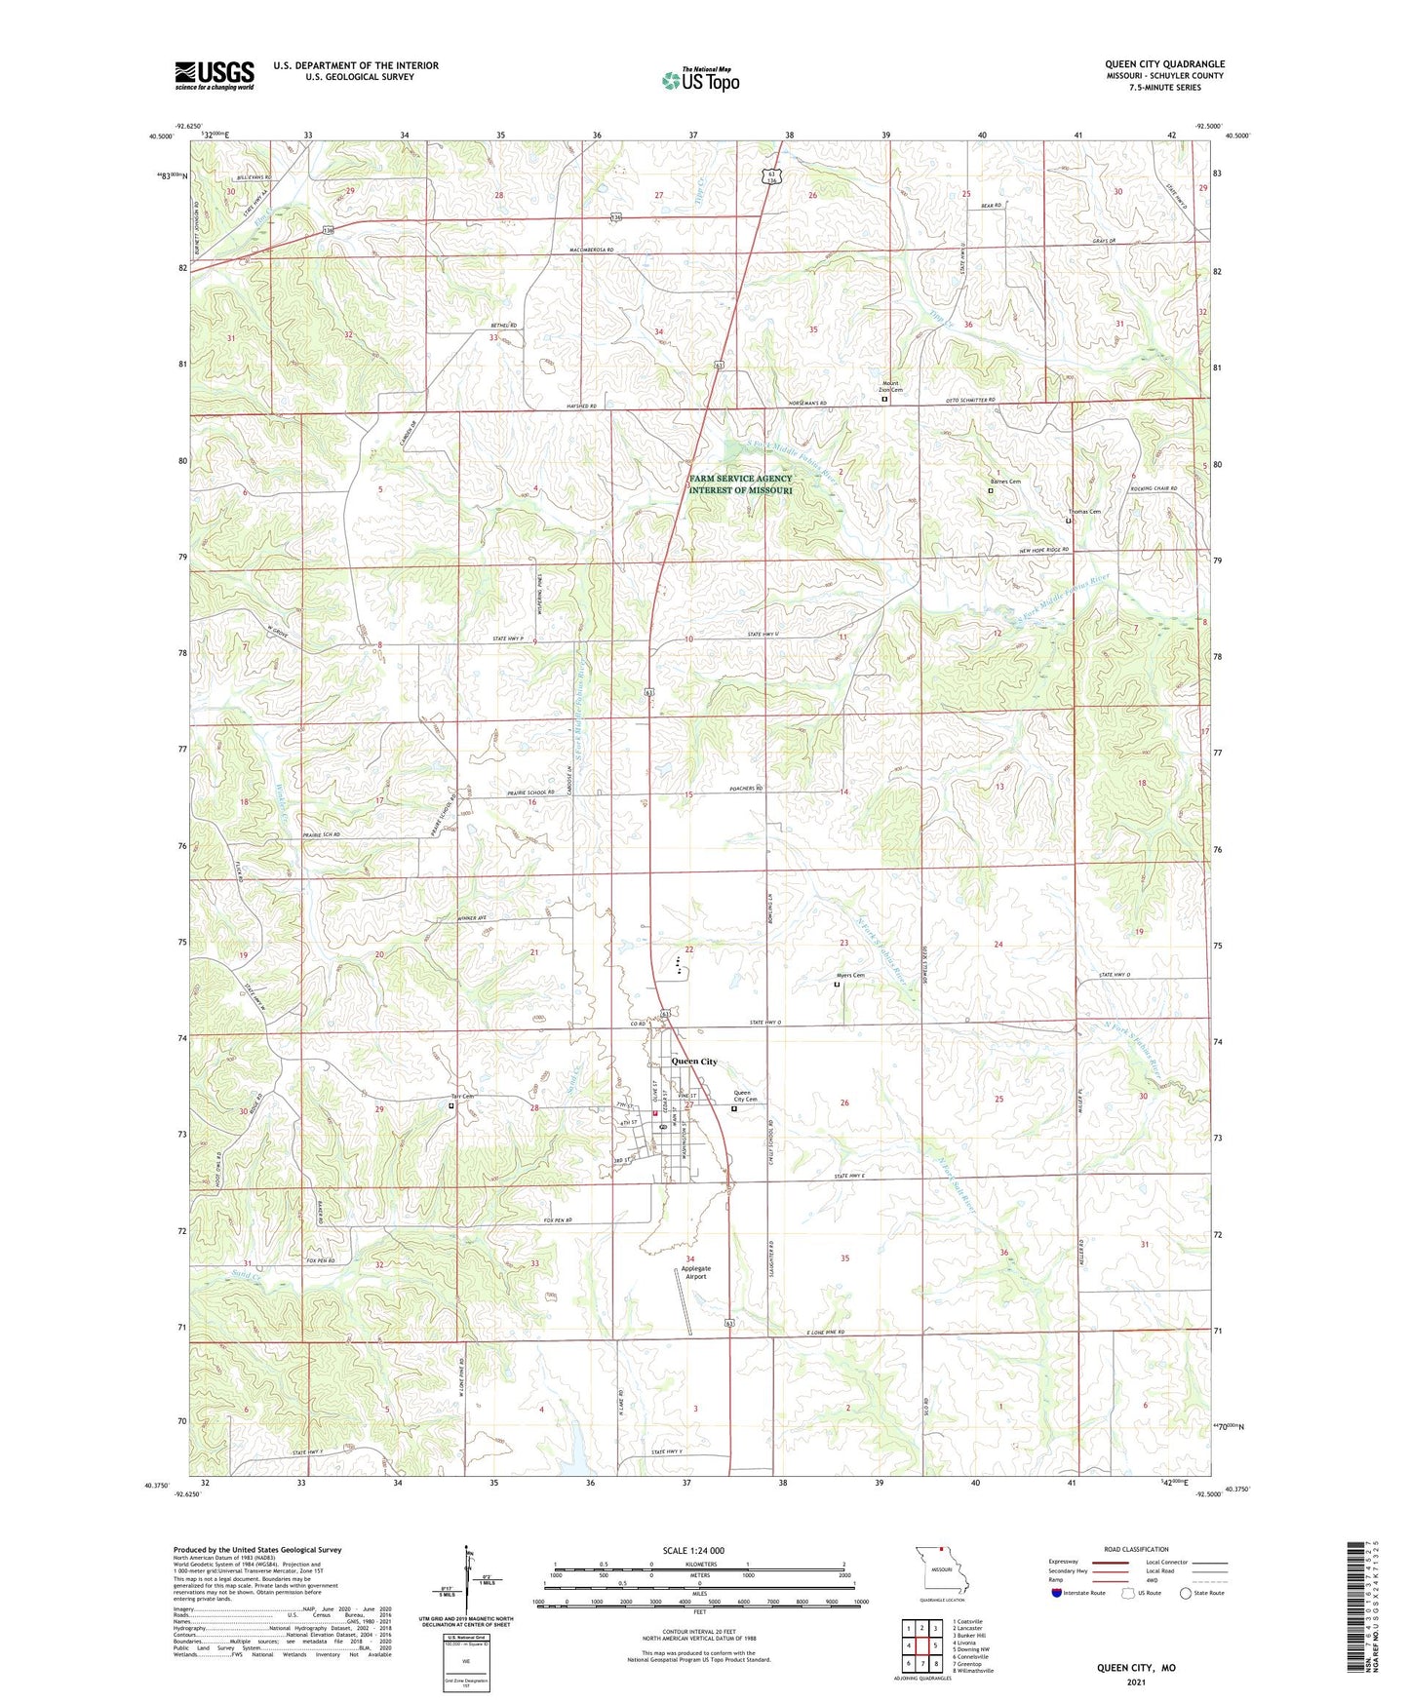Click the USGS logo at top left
click(x=215, y=75)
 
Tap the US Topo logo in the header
click(x=700, y=80)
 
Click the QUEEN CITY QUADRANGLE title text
click(x=1164, y=63)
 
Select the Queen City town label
click(x=694, y=1062)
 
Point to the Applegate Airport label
click(x=695, y=1272)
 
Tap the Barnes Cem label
click(x=1005, y=482)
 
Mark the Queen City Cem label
click(x=745, y=1096)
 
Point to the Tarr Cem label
click(x=461, y=1096)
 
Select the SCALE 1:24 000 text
click(x=693, y=1550)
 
